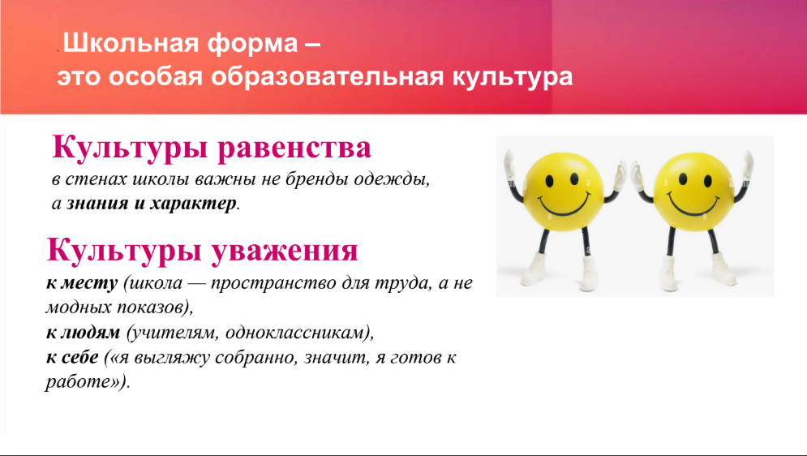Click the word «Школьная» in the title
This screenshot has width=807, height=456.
[131, 43]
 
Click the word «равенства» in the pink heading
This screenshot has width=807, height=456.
[294, 148]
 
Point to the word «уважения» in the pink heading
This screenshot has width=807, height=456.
[284, 250]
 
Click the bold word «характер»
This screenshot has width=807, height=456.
[193, 204]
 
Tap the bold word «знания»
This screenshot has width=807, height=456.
[97, 204]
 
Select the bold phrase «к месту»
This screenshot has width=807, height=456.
[82, 283]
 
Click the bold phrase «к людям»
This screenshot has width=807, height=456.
[83, 333]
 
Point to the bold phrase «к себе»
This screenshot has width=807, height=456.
[72, 357]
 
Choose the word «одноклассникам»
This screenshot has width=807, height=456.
[294, 333]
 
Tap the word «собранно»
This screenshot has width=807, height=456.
[256, 357]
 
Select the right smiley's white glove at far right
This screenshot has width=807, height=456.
[746, 168]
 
